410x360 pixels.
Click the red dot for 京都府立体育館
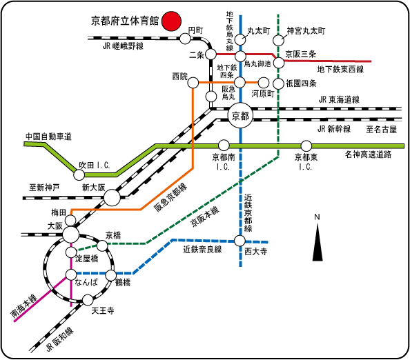point(171,21)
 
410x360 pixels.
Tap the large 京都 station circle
point(241,116)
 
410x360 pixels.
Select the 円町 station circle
point(186,39)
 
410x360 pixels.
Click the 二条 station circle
point(211,54)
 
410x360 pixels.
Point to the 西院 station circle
point(193,83)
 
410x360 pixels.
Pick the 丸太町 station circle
point(240,40)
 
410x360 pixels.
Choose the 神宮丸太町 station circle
point(278,41)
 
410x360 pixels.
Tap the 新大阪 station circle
point(113,197)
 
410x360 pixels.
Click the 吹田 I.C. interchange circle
point(79,174)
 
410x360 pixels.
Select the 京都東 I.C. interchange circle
point(306,146)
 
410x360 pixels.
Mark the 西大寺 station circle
point(240,241)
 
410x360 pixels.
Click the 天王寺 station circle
point(88,300)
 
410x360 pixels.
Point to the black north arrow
point(318,242)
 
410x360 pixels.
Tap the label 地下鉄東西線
point(340,70)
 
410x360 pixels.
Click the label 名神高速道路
point(368,154)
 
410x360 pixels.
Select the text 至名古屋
point(381,129)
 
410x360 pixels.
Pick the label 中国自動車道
point(48,136)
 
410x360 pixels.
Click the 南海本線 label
point(24,306)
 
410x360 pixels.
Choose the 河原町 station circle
point(264,83)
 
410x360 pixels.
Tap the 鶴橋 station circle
point(111,275)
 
